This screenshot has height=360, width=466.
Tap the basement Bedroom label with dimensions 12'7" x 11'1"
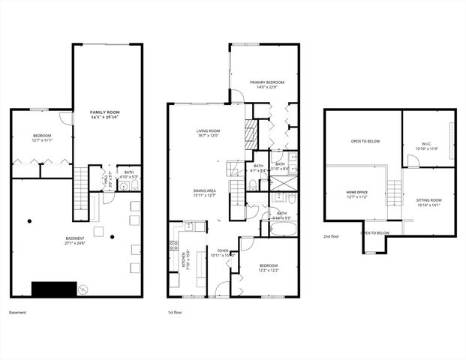click(42, 138)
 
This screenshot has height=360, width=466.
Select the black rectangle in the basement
click(54, 289)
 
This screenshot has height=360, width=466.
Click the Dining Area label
click(204, 193)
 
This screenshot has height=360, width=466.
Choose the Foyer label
click(223, 253)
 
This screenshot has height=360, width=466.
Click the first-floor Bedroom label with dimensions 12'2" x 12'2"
click(268, 268)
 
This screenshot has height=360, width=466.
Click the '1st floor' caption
click(176, 312)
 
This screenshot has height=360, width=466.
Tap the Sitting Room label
click(428, 202)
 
